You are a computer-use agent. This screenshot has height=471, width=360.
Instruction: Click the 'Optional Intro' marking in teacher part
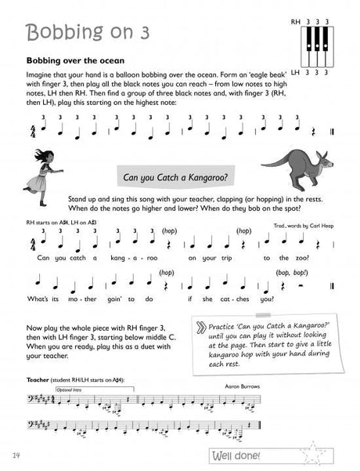70,389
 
